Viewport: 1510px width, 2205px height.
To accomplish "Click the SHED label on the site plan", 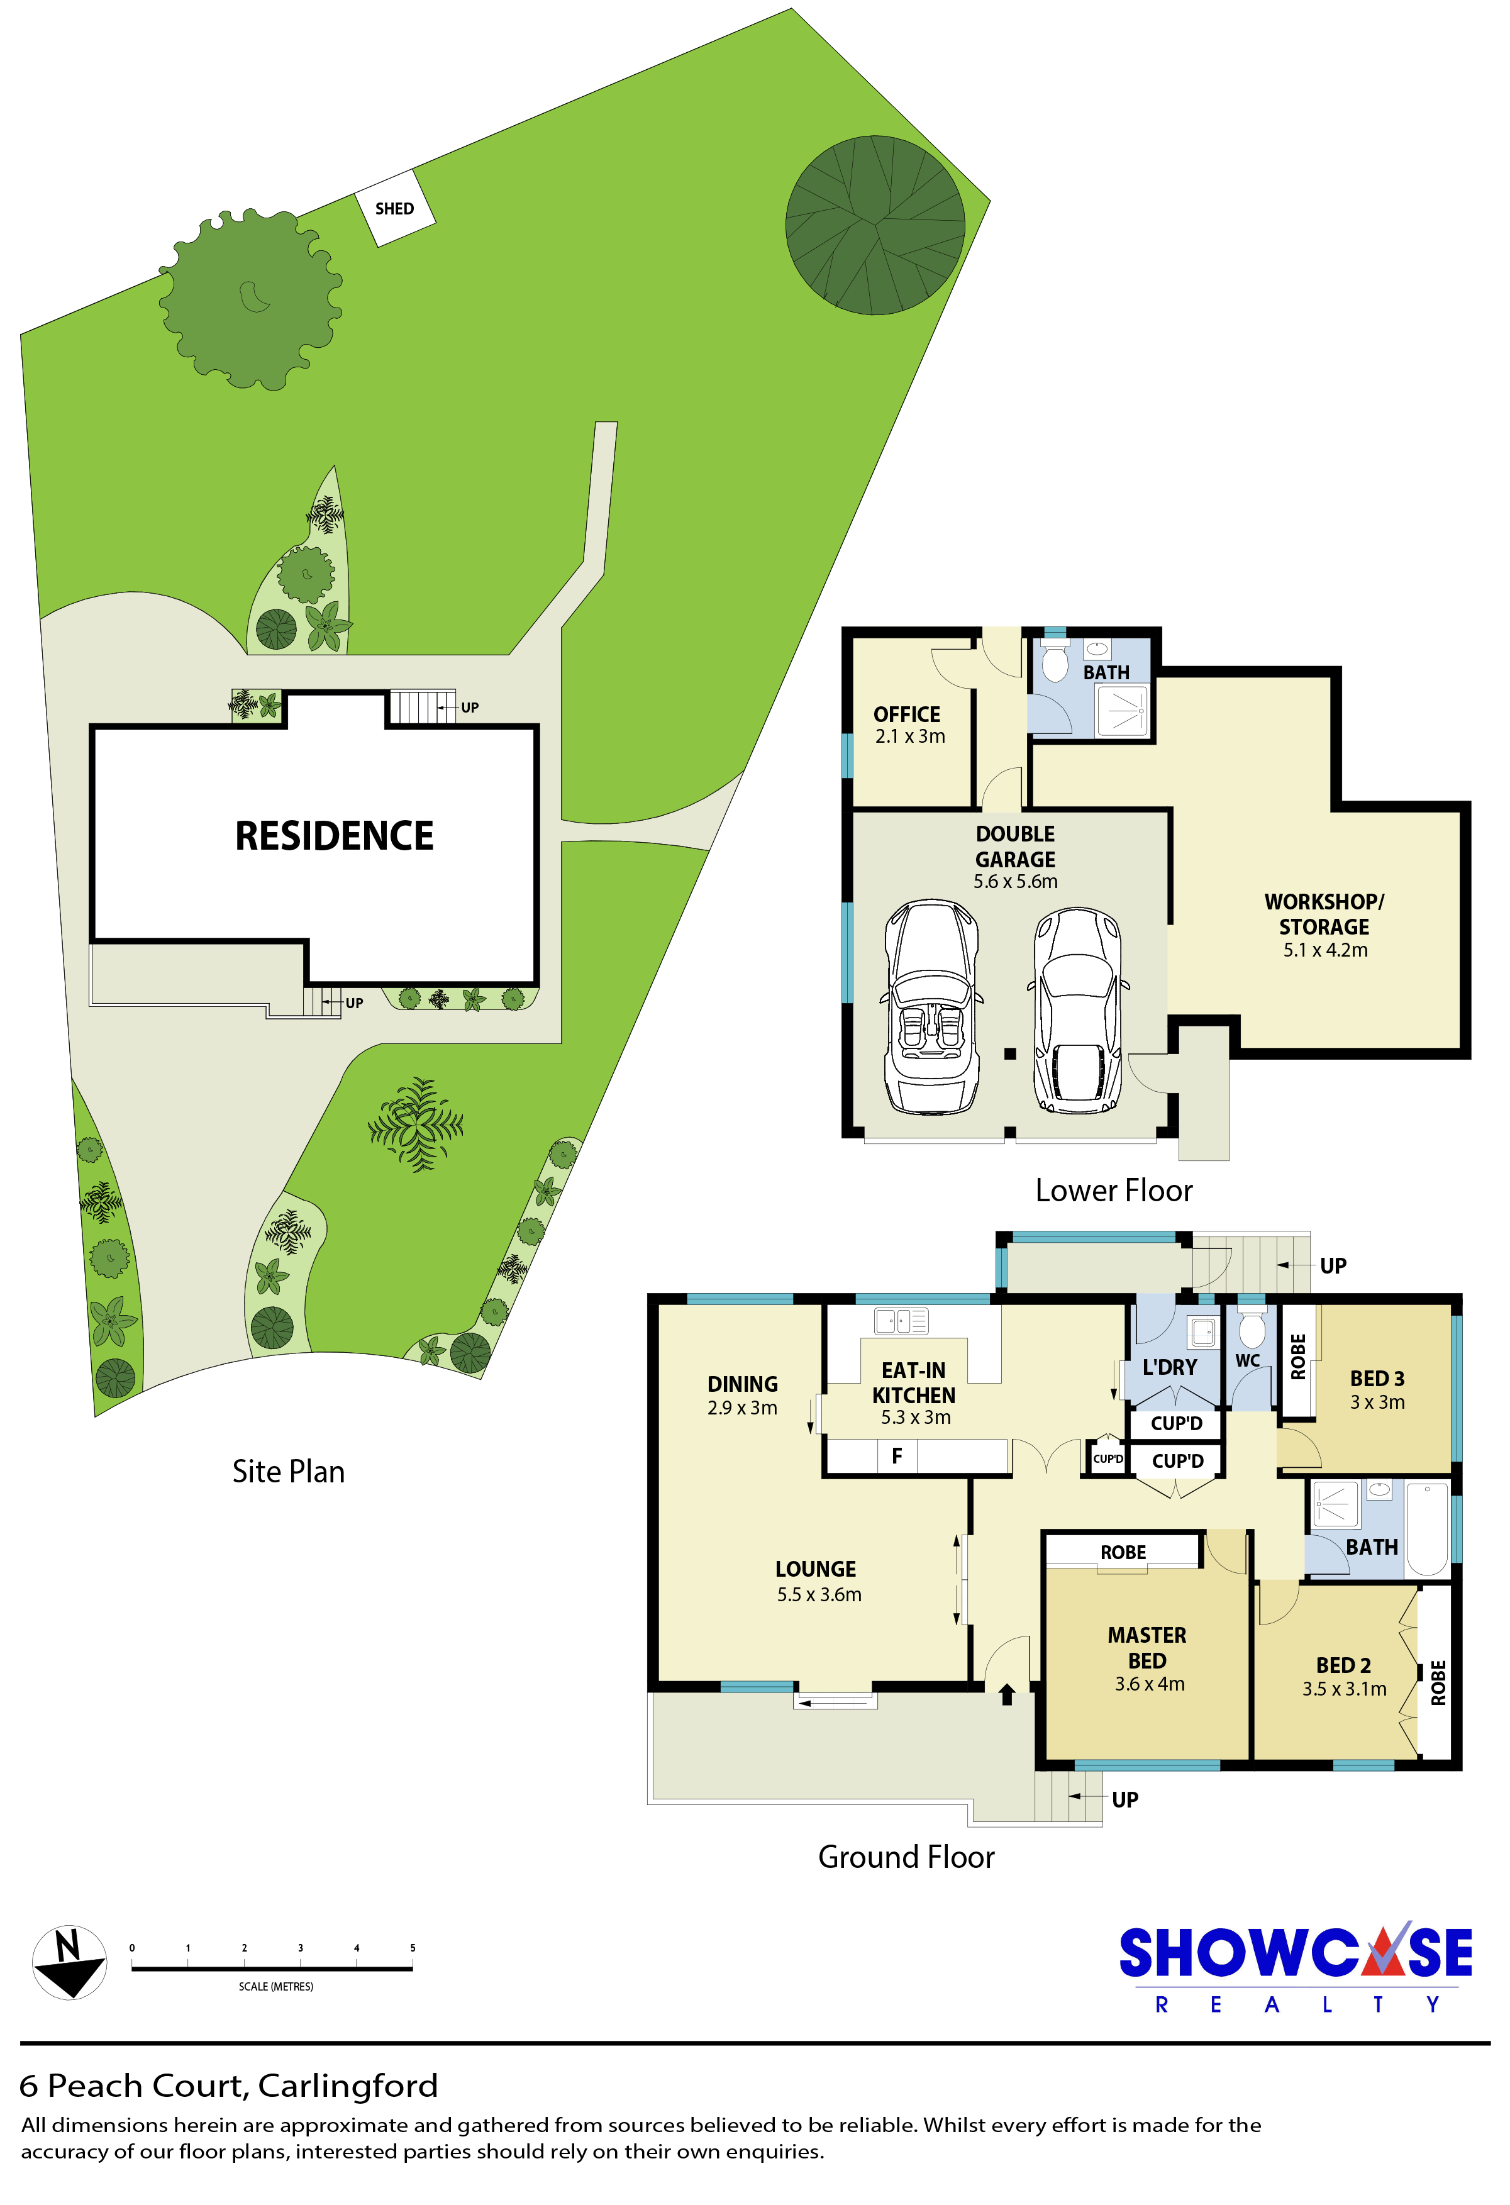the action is pyautogui.click(x=394, y=209).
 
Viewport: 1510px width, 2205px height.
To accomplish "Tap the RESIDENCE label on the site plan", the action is pyautogui.click(x=334, y=836).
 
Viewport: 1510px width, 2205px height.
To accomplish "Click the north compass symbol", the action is pyautogui.click(x=69, y=1962).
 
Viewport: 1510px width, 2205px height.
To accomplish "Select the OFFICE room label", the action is pyautogui.click(x=907, y=714).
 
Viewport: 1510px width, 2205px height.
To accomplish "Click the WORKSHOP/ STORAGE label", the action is pyautogui.click(x=1324, y=914).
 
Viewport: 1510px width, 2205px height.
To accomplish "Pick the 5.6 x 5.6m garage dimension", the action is pyautogui.click(x=1015, y=881).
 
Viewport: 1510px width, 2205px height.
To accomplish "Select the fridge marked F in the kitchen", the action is pyautogui.click(x=896, y=1455).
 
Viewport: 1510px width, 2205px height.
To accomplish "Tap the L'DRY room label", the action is pyautogui.click(x=1170, y=1367).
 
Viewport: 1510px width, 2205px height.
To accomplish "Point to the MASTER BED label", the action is pyautogui.click(x=1146, y=1648).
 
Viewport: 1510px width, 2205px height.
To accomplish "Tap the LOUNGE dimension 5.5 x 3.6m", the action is pyautogui.click(x=819, y=1595).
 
